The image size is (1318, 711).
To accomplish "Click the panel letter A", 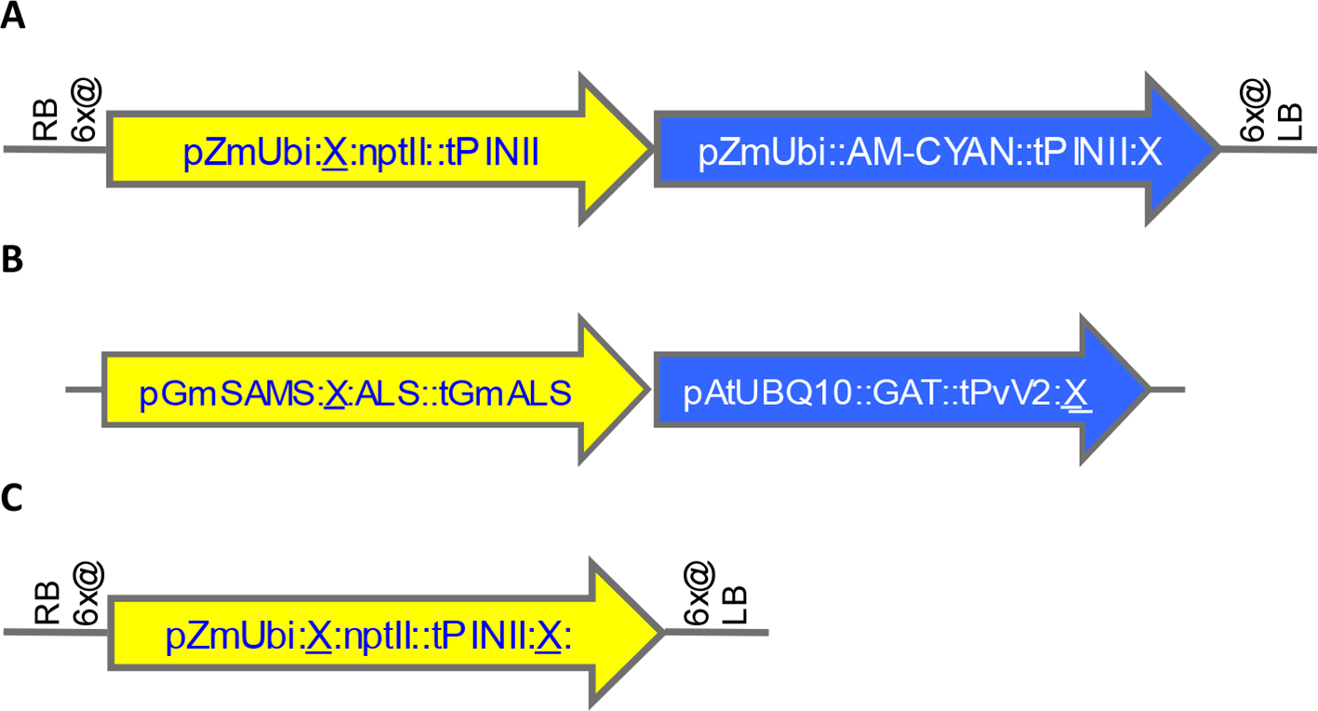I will [13, 19].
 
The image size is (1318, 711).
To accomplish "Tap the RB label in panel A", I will [46, 120].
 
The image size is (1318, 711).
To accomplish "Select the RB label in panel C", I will [46, 603].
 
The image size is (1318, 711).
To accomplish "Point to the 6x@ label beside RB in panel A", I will [87, 110].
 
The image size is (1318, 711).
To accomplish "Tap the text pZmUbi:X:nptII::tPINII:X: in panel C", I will [367, 637].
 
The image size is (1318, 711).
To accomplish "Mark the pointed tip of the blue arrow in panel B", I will [1150, 388].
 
